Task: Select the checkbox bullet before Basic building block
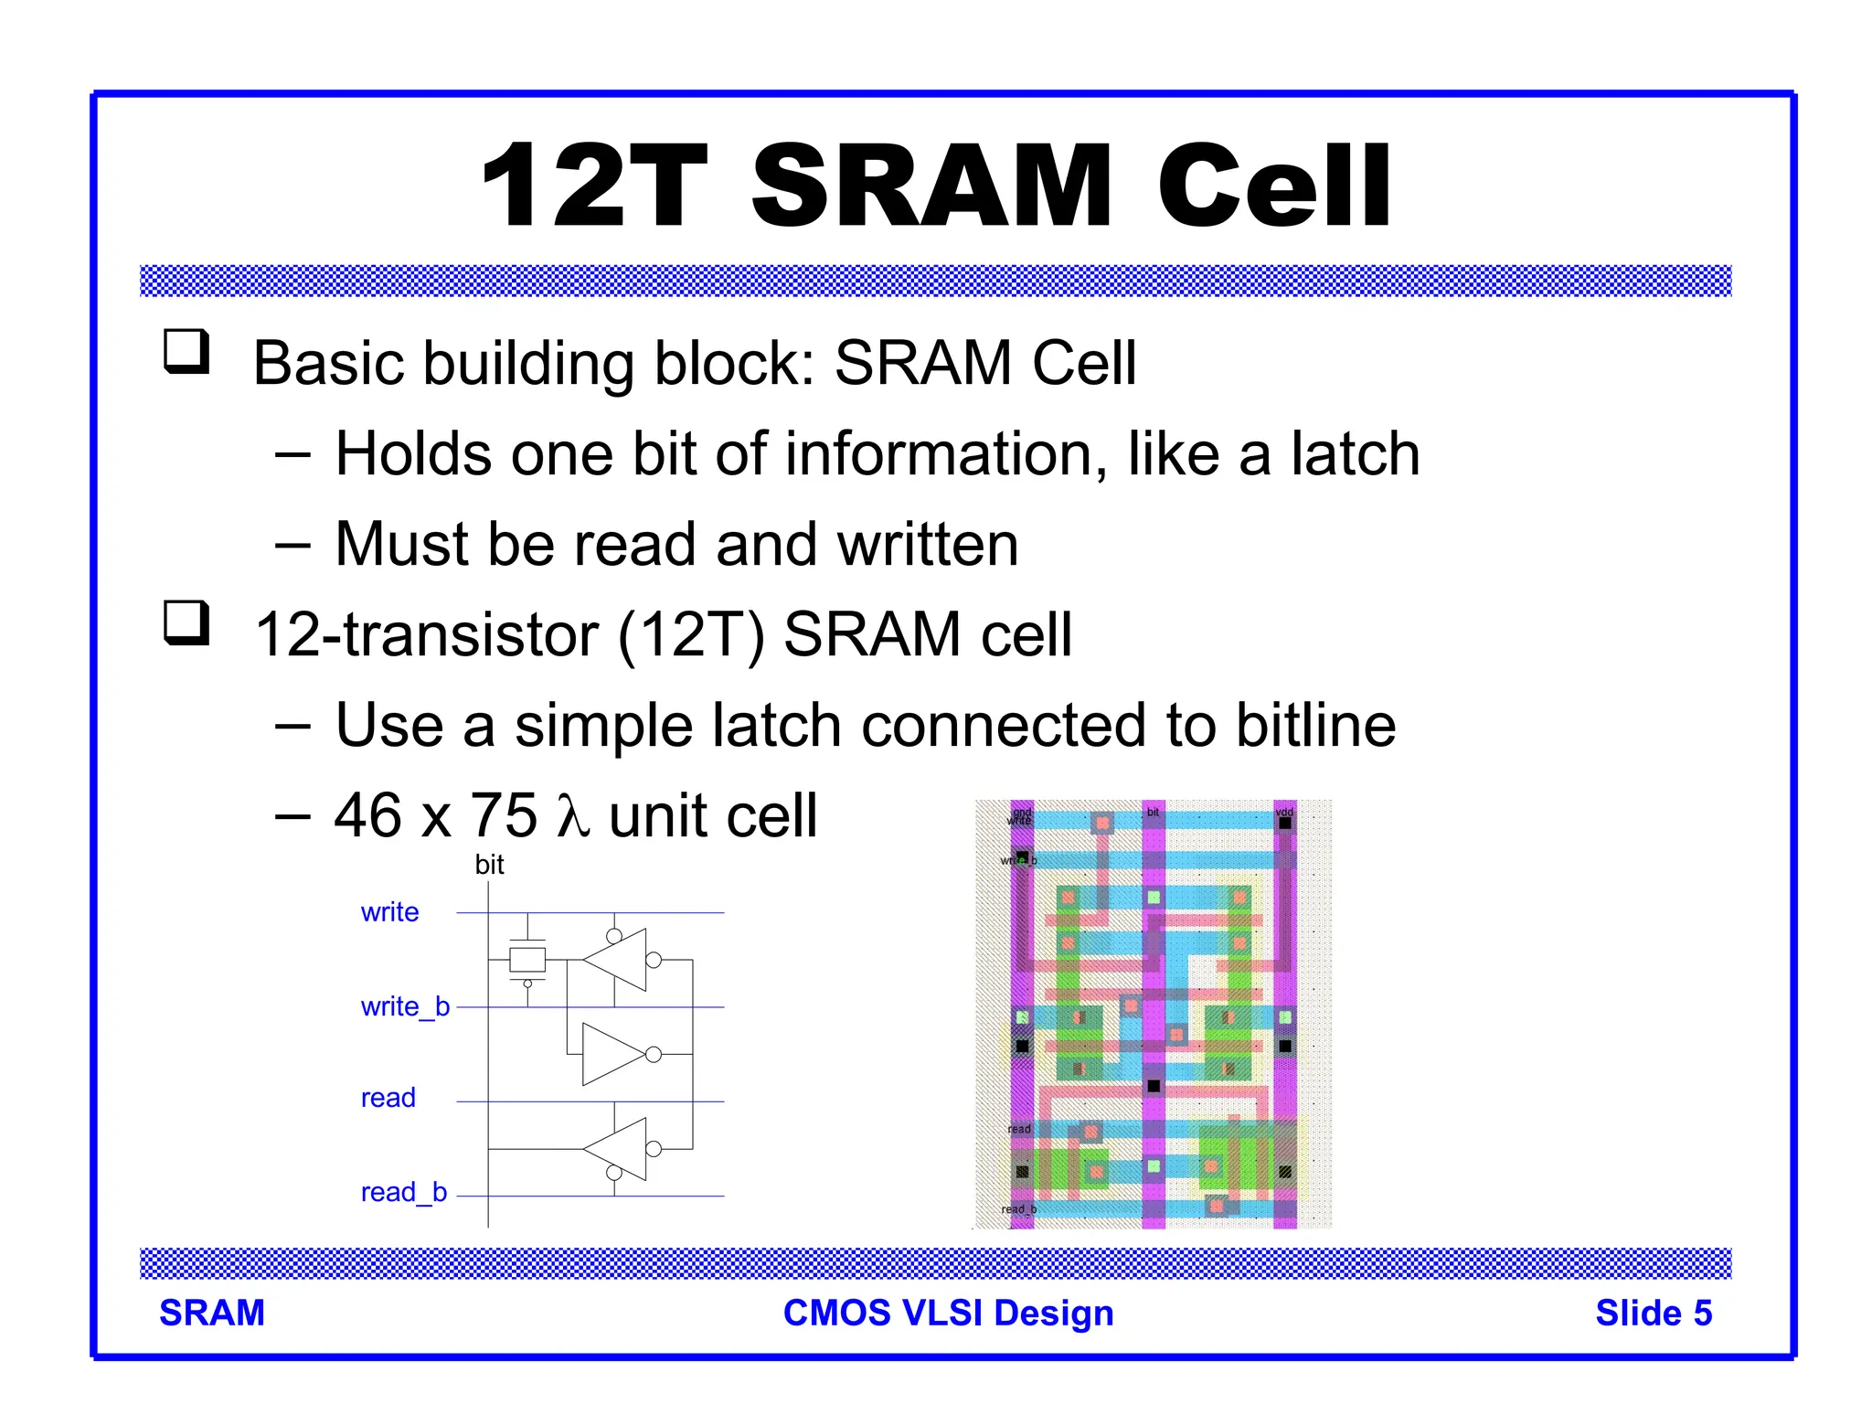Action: coord(186,352)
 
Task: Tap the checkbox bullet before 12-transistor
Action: coord(186,623)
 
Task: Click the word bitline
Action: coord(1315,726)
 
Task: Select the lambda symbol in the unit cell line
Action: coord(572,815)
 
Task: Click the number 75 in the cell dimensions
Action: coord(503,815)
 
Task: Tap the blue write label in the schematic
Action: coord(389,912)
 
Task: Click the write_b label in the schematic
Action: coord(405,1006)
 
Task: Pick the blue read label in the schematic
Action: coord(388,1098)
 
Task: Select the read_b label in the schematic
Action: coord(403,1192)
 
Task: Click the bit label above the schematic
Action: coord(489,865)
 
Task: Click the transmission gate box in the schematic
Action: coord(527,960)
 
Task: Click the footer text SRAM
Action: coord(212,1313)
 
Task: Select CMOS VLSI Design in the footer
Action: coord(948,1313)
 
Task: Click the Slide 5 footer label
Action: coord(1653,1313)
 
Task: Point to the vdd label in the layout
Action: coord(1284,812)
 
